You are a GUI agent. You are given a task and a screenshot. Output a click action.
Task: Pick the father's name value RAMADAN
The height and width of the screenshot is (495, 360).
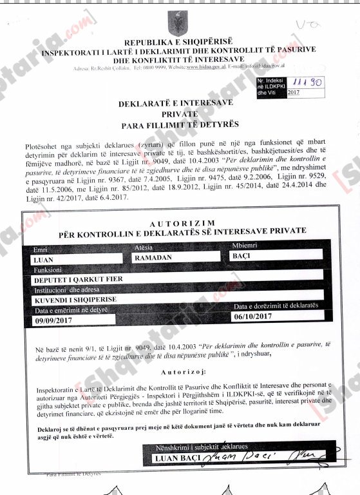tap(153, 257)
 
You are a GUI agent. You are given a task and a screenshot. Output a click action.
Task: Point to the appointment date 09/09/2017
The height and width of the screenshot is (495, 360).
tap(54, 320)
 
